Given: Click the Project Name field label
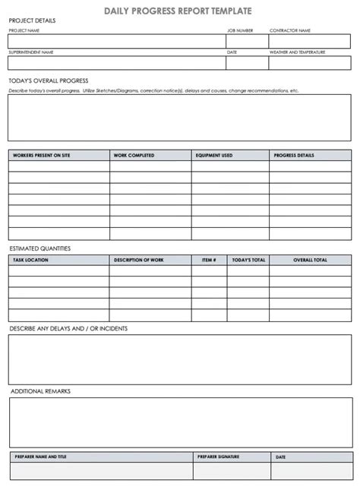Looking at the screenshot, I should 24,31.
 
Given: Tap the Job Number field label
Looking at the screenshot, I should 240,31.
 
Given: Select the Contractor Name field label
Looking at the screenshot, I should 290,31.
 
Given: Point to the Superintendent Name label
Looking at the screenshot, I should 32,52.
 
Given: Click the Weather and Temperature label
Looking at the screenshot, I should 298,52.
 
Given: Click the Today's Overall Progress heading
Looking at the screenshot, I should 49,80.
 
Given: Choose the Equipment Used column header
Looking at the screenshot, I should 214,156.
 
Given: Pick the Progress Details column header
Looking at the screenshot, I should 292,156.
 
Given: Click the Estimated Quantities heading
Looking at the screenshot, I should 39,248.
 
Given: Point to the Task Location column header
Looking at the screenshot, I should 30,260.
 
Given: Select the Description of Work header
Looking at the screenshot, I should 138,260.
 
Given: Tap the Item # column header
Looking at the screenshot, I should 209,260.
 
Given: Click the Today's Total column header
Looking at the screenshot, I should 248,260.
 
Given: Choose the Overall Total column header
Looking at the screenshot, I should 310,260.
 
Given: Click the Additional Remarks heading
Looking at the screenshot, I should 40,390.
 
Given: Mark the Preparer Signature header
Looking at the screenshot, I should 218,457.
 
